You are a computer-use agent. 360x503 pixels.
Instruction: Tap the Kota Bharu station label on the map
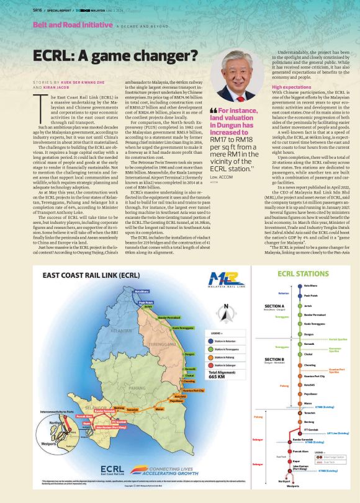pyautogui.click(x=142, y=291)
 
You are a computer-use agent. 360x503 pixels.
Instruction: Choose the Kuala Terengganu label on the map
pyautogui.click(x=184, y=328)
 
